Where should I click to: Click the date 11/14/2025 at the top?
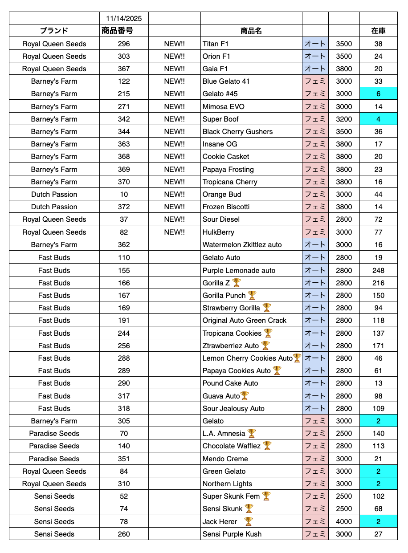pos(124,18)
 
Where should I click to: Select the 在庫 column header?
pos(378,31)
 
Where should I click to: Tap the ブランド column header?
pos(54,31)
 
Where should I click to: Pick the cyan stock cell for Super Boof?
pos(378,119)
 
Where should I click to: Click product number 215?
pos(124,94)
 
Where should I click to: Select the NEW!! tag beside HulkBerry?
pos(174,232)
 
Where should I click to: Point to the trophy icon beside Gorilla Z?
pos(237,283)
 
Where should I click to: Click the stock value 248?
pos(378,270)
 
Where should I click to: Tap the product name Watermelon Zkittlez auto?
pos(242,244)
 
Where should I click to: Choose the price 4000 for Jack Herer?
pos(344,521)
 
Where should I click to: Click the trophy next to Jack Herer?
pos(248,521)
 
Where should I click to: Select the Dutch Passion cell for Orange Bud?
pos(54,194)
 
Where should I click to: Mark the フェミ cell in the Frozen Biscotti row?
pos(315,207)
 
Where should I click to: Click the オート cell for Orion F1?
pos(315,56)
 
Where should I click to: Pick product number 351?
pos(124,459)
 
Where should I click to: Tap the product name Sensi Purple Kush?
pos(232,534)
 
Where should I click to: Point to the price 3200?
pos(344,119)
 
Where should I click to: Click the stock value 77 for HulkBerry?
pos(378,232)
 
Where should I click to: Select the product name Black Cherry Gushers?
pos(237,131)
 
